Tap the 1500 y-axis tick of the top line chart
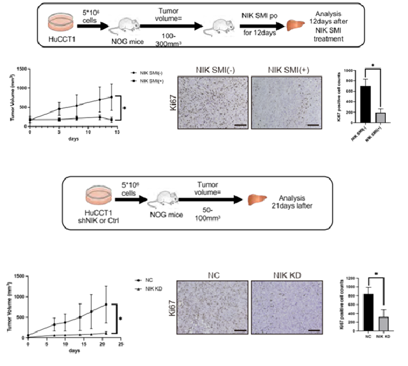23,68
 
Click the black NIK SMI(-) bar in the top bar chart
366,106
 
